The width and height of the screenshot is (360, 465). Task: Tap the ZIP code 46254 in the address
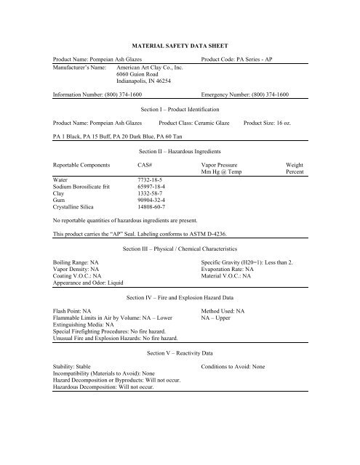[x=164, y=81]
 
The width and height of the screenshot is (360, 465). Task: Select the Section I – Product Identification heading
[x=180, y=110]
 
